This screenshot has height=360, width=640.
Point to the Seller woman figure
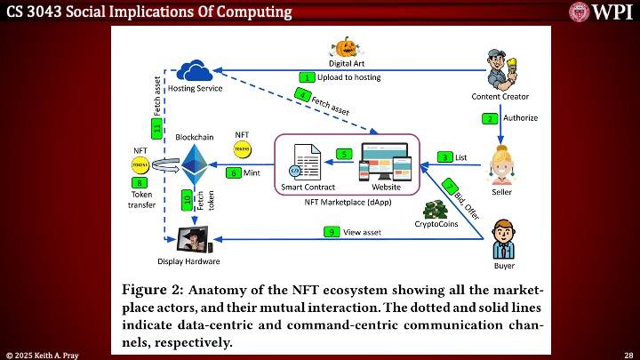502,165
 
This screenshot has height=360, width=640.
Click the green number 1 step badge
307,77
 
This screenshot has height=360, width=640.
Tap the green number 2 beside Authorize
489,117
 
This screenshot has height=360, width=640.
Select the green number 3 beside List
444,157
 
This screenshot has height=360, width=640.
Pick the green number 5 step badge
343,154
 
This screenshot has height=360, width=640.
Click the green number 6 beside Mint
234,172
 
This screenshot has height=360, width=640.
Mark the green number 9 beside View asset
331,231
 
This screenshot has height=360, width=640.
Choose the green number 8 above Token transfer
140,183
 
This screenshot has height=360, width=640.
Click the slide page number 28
628,354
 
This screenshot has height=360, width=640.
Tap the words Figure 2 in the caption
153,291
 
